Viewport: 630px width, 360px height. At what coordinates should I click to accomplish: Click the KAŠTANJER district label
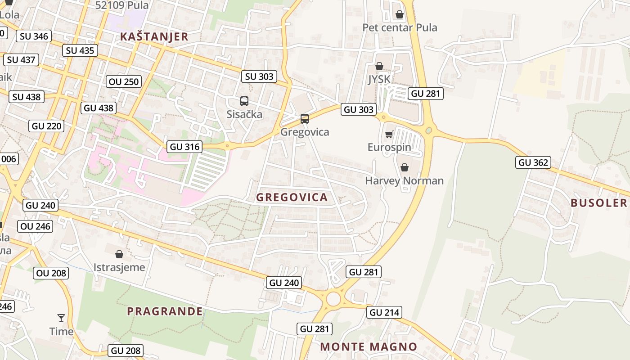click(x=154, y=37)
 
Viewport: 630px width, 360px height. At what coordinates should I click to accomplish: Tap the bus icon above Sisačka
click(x=244, y=101)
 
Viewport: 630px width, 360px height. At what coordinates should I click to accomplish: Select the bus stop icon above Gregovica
click(x=305, y=119)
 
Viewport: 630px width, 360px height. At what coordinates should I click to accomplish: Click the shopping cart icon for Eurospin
click(x=389, y=134)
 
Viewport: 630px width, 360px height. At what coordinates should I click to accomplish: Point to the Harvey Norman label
click(x=404, y=181)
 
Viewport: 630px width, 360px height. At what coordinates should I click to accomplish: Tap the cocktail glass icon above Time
click(x=61, y=318)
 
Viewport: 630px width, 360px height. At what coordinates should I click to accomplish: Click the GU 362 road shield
click(x=533, y=162)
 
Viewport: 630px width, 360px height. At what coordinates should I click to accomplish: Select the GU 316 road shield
click(x=184, y=147)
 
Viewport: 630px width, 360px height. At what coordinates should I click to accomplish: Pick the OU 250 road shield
click(x=124, y=81)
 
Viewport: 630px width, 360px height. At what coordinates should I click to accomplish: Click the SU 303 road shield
click(x=259, y=76)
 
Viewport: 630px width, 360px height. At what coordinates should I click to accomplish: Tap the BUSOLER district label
click(x=598, y=202)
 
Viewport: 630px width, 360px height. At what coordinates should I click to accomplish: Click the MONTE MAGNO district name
click(x=369, y=347)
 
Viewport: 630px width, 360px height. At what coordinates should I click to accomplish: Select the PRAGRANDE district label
click(x=165, y=311)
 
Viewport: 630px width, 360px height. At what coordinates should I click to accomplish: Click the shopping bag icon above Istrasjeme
click(x=119, y=254)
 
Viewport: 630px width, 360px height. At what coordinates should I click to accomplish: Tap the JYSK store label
click(x=379, y=80)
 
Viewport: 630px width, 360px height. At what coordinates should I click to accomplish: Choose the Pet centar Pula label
click(x=400, y=27)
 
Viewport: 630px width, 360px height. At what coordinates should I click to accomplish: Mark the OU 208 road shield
click(x=51, y=273)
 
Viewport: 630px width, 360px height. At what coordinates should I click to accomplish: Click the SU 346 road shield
click(x=34, y=36)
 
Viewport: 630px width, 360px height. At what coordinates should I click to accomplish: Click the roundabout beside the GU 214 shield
click(x=333, y=298)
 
